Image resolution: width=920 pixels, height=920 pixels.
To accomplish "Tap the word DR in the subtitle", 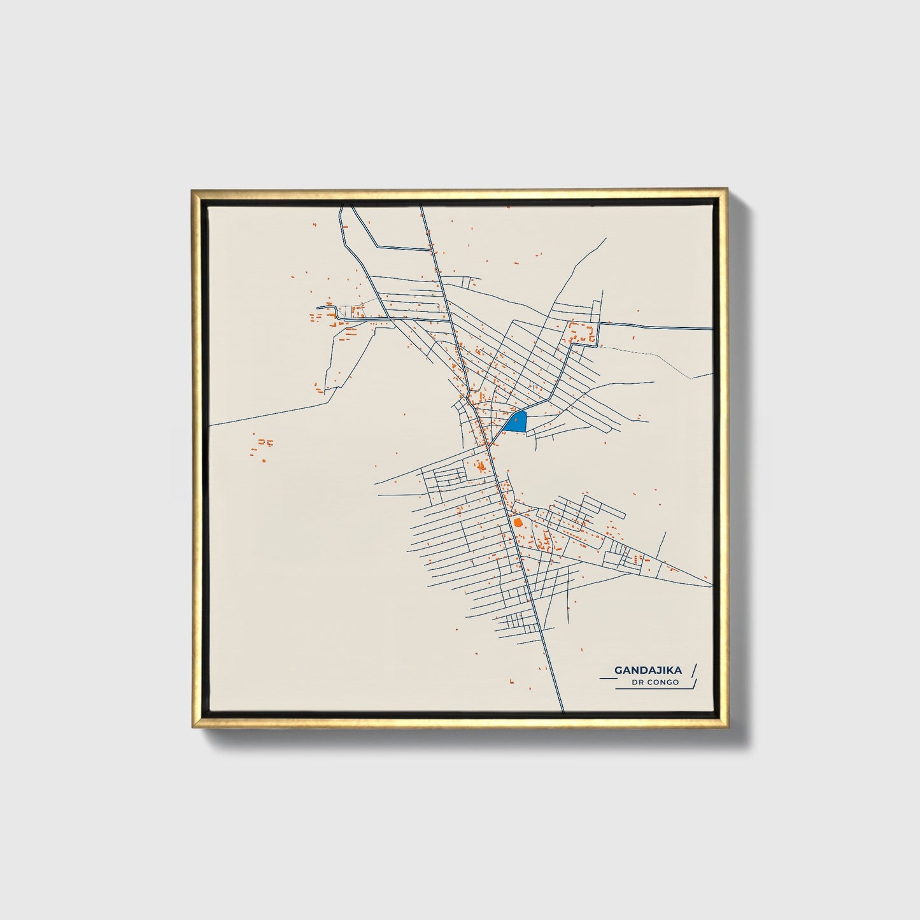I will pos(639,683).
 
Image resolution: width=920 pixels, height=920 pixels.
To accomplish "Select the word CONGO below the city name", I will pos(665,683).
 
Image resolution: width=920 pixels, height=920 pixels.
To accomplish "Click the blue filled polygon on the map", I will pos(519,422).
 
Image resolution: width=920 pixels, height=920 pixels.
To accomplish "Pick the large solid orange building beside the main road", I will pos(517,522).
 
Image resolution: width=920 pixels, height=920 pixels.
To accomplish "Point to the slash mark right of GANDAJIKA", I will pos(693,670).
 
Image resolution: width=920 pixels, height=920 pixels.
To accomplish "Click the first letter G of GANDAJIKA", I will pos(618,670).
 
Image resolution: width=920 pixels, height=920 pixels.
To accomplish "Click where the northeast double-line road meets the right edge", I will pos(711,329).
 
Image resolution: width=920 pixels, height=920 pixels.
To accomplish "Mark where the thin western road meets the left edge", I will pos(211,425).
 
